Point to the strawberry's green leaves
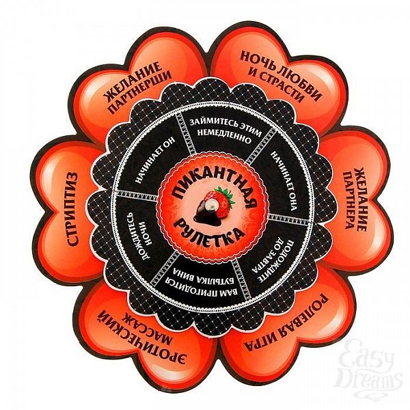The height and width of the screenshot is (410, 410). coord(225,195)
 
